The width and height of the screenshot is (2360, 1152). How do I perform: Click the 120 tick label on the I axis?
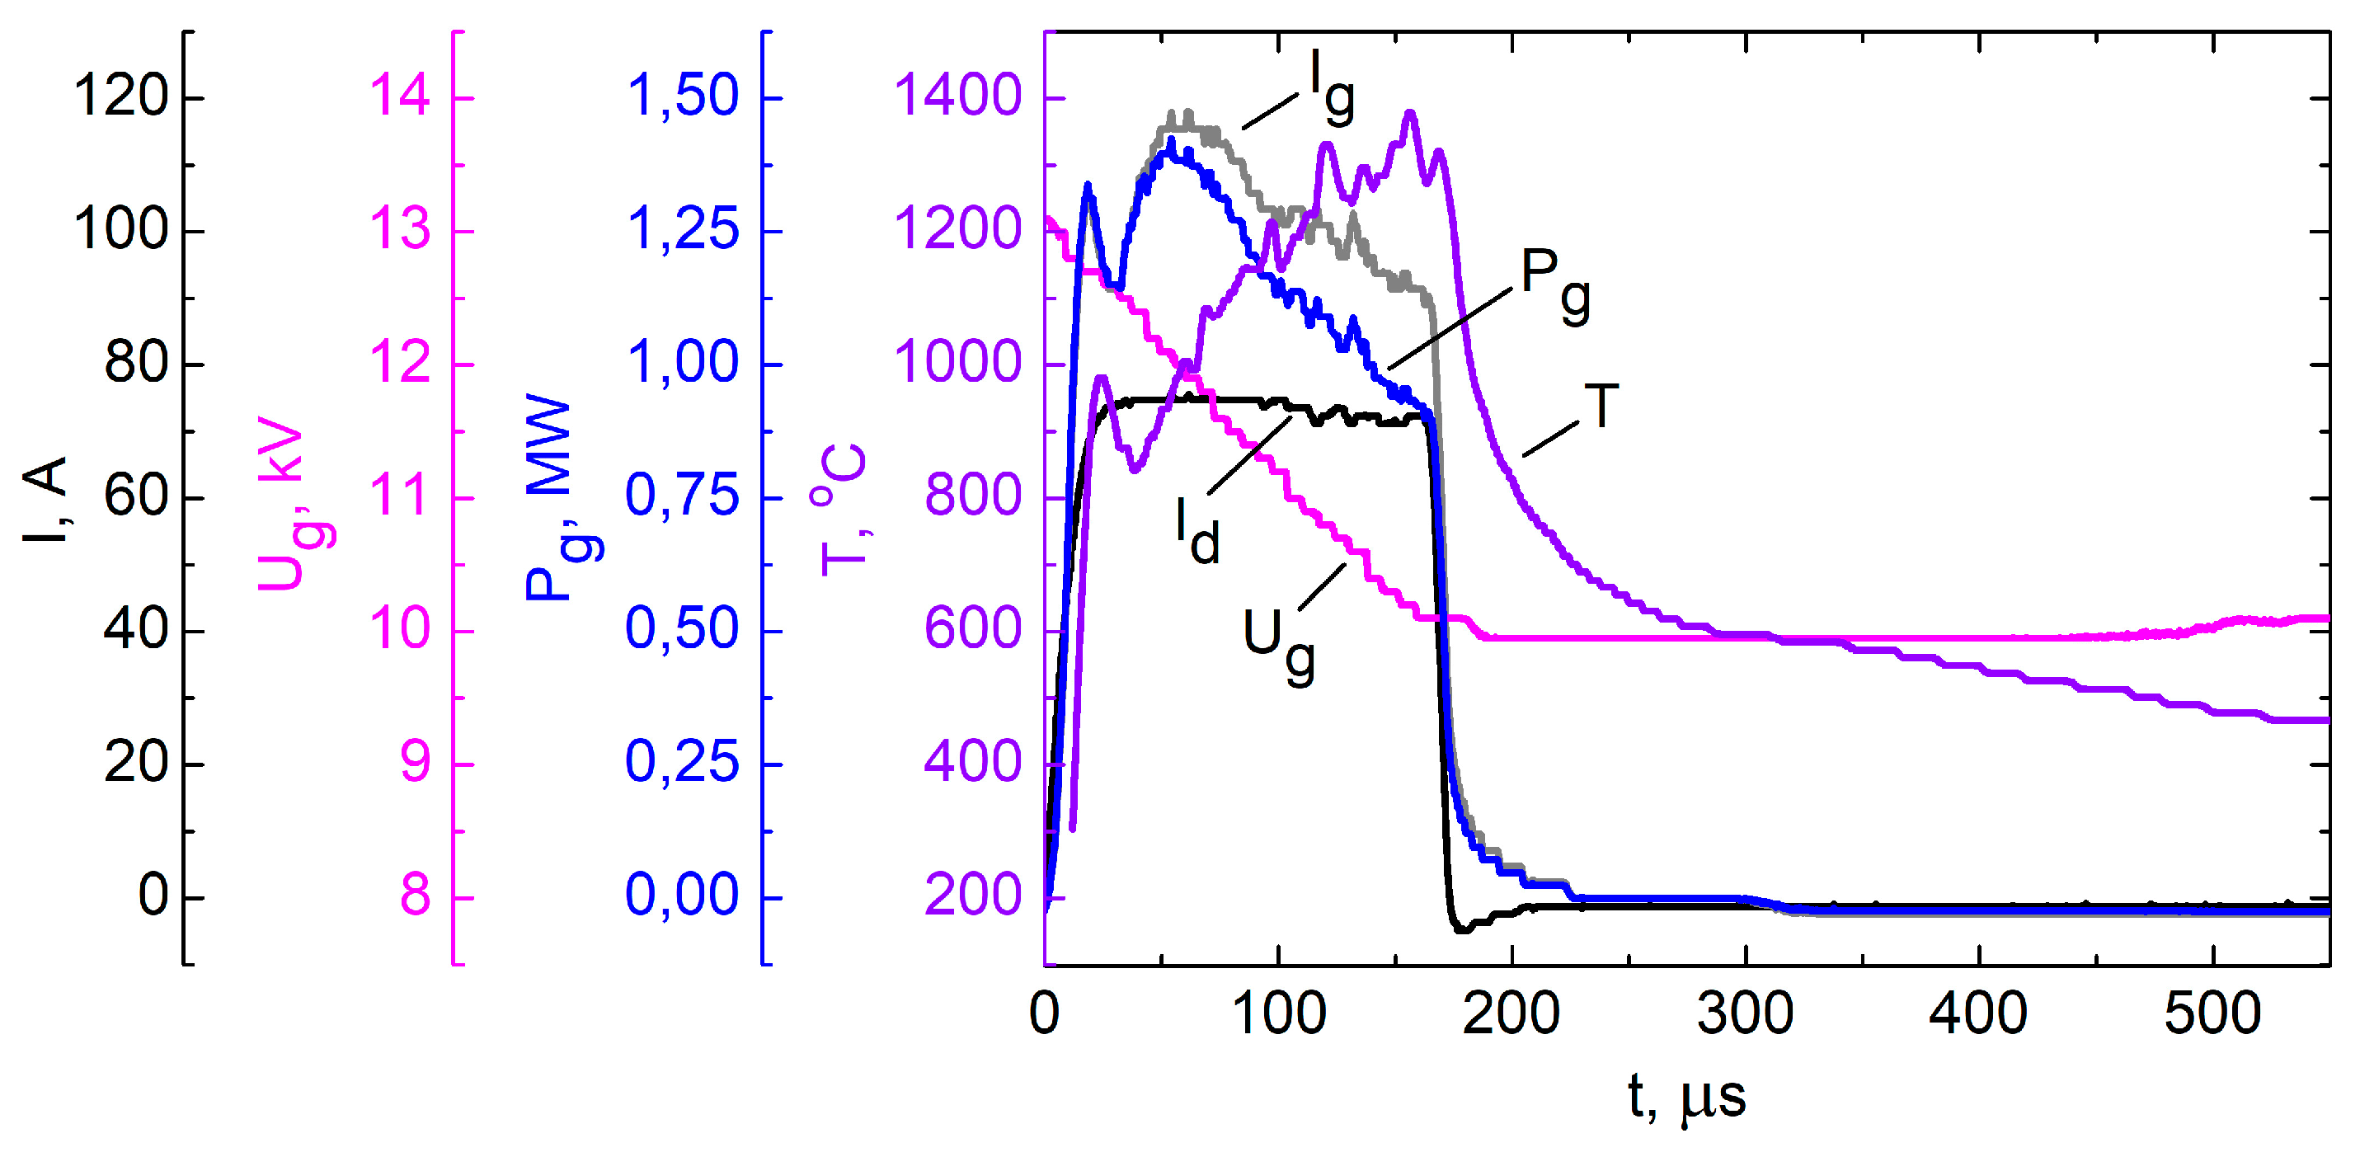tap(121, 96)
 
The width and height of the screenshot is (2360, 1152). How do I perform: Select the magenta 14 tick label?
tap(399, 96)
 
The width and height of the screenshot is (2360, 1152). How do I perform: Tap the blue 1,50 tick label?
tap(683, 96)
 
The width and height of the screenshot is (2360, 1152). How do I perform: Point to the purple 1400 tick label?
tap(957, 96)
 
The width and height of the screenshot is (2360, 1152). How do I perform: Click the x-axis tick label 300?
tap(1746, 1013)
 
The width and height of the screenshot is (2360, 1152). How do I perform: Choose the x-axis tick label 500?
tap(2212, 1013)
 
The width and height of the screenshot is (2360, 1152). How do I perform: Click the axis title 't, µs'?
tap(1686, 1096)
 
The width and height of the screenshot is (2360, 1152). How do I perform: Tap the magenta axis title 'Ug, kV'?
tap(295, 504)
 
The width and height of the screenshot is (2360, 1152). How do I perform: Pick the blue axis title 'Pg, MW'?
tap(561, 500)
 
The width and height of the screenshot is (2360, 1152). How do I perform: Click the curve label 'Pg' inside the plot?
tap(1554, 284)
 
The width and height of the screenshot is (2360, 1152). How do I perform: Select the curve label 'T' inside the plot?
tap(1601, 406)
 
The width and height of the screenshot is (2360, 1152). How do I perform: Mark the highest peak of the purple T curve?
tap(1410, 114)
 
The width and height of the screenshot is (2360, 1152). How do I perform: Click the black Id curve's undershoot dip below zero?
tap(1461, 929)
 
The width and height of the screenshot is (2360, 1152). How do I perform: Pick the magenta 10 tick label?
tap(399, 631)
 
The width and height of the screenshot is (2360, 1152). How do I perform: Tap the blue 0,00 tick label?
tap(683, 896)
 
